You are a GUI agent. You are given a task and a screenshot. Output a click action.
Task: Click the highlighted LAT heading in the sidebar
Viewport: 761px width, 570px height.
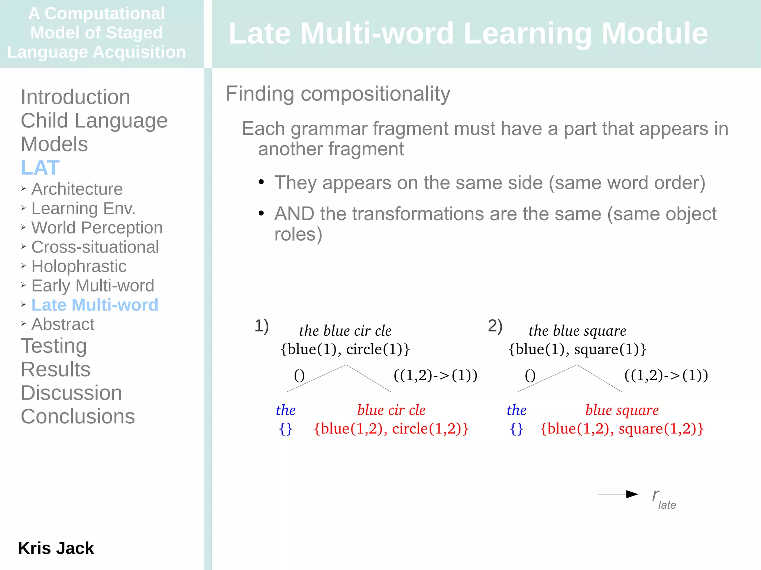[x=40, y=167]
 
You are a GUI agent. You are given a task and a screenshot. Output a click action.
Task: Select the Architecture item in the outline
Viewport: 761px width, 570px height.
[x=77, y=189]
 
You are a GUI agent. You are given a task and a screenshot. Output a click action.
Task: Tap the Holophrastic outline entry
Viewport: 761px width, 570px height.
[x=79, y=266]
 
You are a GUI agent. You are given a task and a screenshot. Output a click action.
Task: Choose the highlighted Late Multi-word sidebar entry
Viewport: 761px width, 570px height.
[x=95, y=305]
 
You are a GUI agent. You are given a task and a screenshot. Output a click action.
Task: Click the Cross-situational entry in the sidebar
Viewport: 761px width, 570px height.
[x=95, y=247]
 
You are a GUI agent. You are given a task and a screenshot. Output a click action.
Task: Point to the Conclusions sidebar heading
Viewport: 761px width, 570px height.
[x=78, y=416]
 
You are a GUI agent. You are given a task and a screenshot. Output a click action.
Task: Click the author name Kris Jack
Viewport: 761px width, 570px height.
[x=56, y=548]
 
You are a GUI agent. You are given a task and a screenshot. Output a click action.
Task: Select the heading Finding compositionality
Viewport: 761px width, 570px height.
[x=338, y=94]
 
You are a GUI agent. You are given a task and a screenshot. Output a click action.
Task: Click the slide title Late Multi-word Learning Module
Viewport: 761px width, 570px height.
[x=468, y=33]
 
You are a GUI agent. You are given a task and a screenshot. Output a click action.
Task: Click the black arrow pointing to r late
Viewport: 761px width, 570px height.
[x=618, y=494]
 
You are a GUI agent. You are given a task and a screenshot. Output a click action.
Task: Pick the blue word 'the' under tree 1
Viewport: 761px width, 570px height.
[x=285, y=410]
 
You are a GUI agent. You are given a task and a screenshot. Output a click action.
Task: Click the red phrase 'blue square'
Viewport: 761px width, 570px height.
[x=622, y=410]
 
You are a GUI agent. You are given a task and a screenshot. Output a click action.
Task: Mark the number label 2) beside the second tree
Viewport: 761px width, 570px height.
[x=495, y=326]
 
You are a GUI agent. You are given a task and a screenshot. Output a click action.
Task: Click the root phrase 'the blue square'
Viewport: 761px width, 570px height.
[x=577, y=330]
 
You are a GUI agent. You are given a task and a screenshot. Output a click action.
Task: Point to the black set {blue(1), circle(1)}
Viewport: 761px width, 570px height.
[x=345, y=349]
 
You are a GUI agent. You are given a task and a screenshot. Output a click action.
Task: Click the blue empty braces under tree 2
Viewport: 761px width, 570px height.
[x=516, y=429]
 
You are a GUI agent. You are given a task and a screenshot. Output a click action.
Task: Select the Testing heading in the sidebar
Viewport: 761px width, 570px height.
[x=54, y=346]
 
